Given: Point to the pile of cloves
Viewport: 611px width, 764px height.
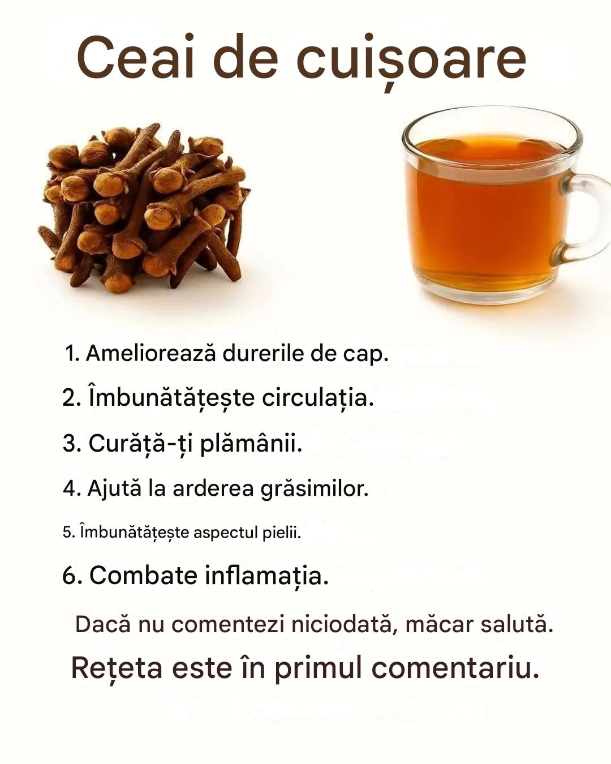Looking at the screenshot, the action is pyautogui.click(x=144, y=209).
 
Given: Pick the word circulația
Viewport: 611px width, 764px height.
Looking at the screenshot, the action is pyautogui.click(x=318, y=398).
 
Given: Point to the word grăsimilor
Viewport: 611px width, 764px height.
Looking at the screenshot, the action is pyautogui.click(x=315, y=490).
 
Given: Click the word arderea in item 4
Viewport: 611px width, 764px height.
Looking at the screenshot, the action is pyautogui.click(x=213, y=488).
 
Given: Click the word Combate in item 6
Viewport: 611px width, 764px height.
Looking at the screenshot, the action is pyautogui.click(x=143, y=575).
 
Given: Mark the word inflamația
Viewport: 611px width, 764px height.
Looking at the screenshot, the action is pyautogui.click(x=267, y=577).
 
